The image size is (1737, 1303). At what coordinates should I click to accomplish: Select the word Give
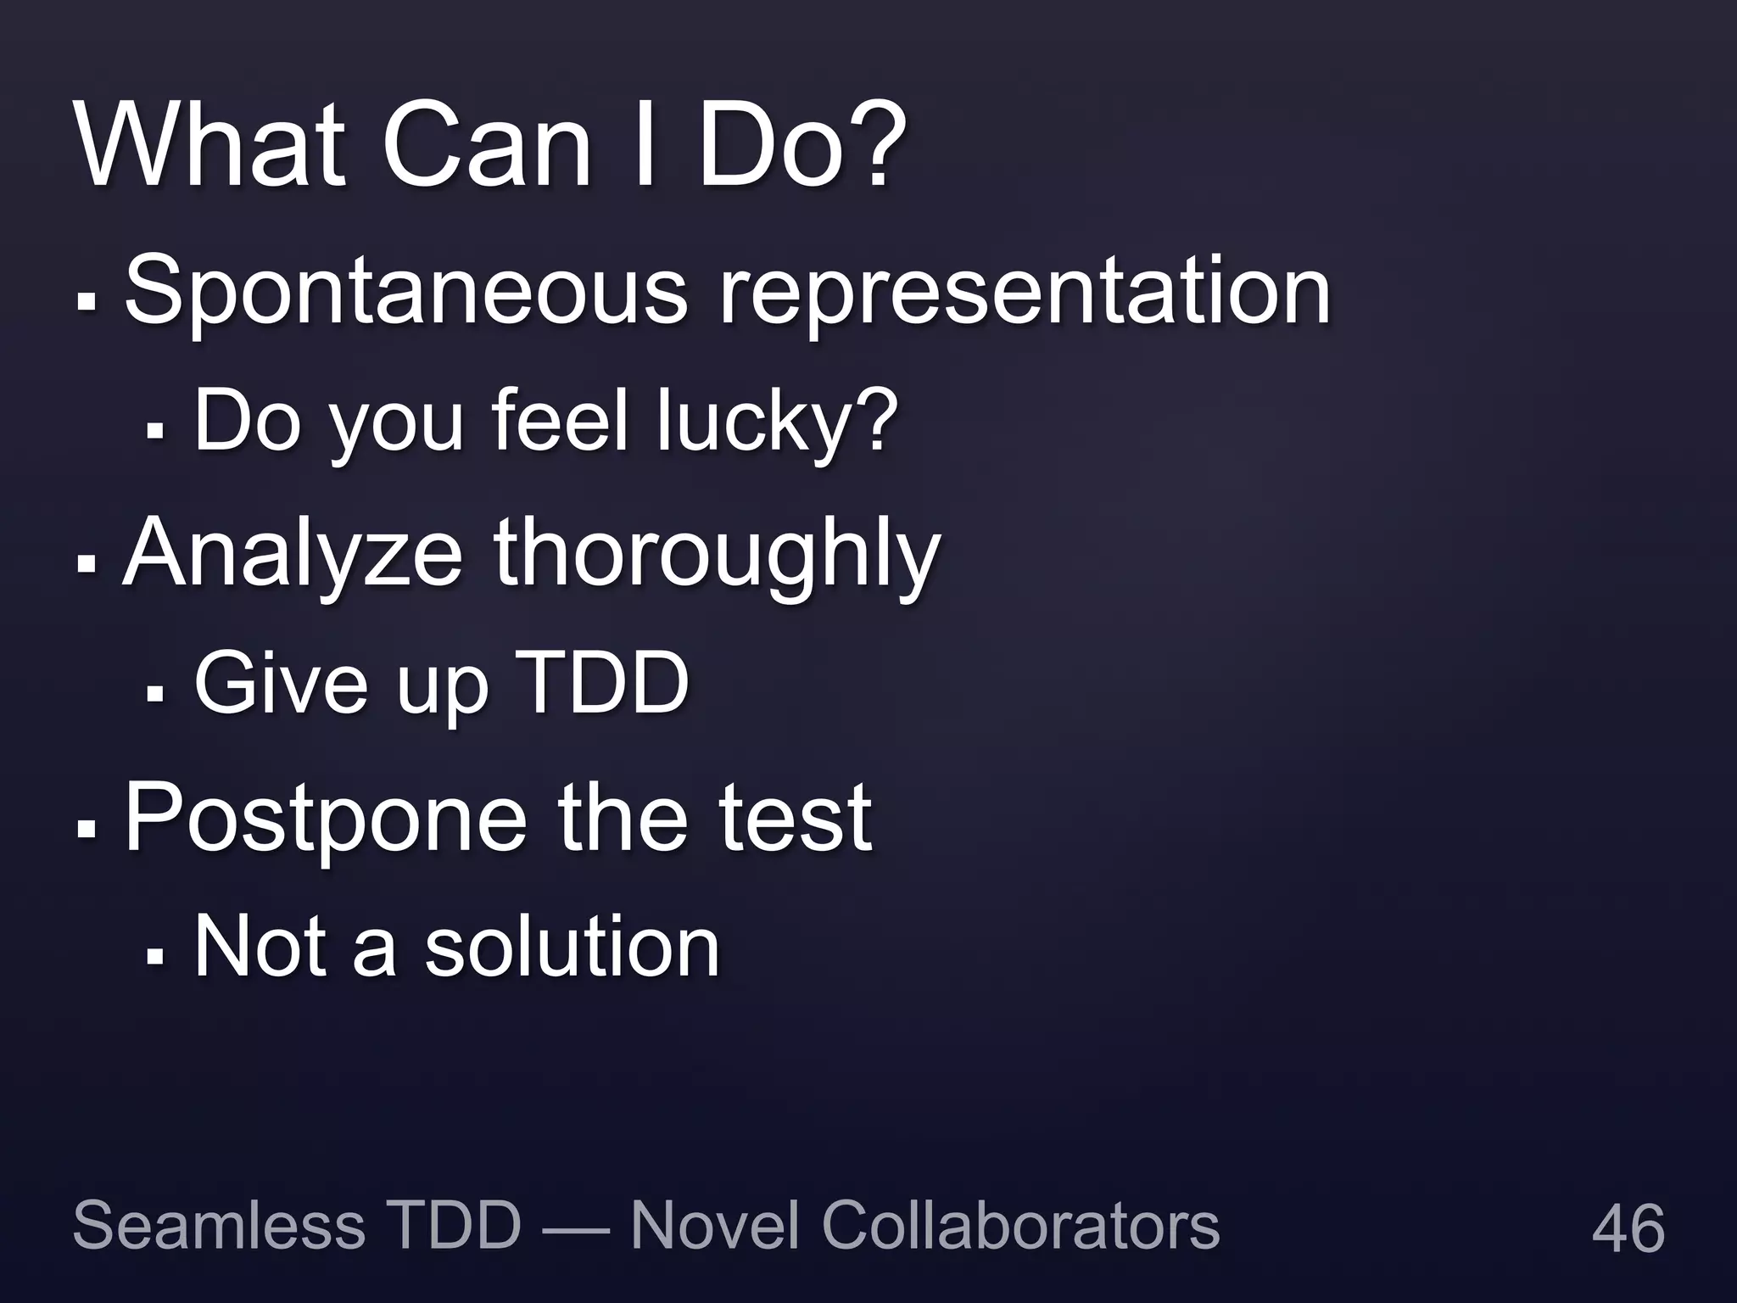[x=281, y=683]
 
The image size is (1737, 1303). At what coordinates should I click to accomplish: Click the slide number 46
[x=1628, y=1228]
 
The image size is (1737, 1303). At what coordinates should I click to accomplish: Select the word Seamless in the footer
[x=219, y=1226]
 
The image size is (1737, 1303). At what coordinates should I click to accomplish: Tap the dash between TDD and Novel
[x=575, y=1228]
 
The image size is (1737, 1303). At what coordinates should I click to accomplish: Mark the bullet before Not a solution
[x=154, y=955]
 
